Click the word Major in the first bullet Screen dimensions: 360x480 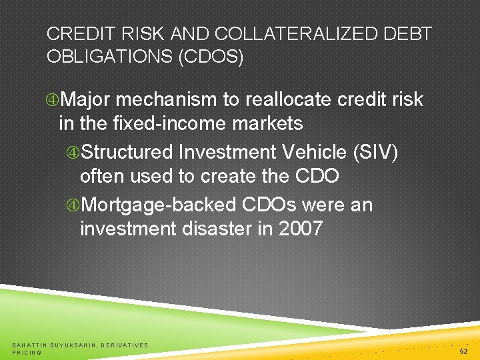pos(86,100)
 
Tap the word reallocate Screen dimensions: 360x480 pos(289,100)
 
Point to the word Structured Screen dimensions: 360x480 pos(127,153)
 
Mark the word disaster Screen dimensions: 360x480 pos(219,229)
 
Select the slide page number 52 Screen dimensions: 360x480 pos(463,351)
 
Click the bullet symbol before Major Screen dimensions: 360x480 pos(52,101)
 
